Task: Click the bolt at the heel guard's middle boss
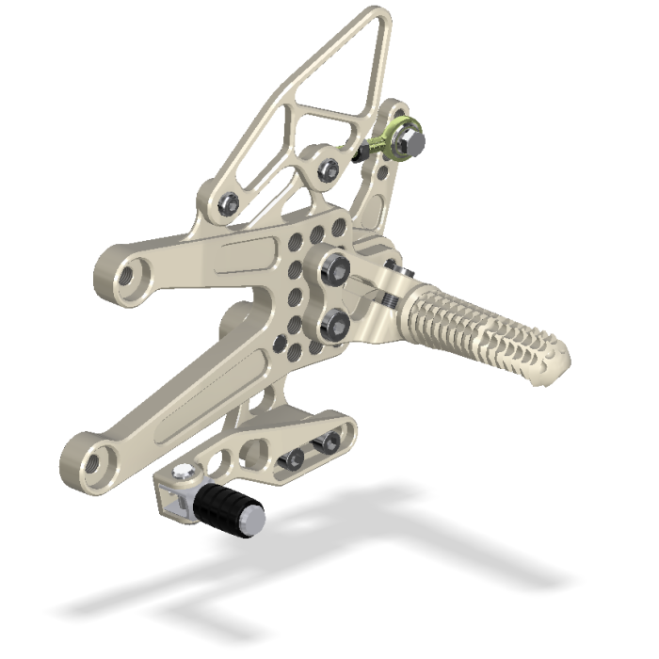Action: [x=329, y=169]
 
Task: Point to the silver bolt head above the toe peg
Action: [x=185, y=474]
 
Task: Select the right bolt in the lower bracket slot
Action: [x=329, y=444]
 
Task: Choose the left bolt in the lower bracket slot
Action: [x=293, y=459]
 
